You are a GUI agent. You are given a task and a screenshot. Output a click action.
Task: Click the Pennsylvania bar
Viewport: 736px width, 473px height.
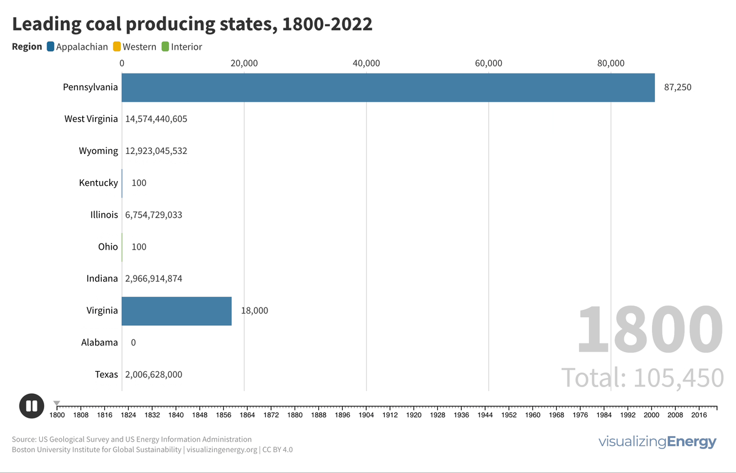(x=388, y=87)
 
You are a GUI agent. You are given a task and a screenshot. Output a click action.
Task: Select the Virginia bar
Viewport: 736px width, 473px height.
(x=177, y=310)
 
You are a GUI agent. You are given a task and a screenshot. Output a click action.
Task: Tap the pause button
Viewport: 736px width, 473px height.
(x=31, y=406)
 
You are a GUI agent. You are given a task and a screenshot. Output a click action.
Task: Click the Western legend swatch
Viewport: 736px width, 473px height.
(x=117, y=47)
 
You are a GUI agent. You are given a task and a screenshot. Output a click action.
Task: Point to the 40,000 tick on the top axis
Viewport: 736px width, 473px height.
(x=367, y=63)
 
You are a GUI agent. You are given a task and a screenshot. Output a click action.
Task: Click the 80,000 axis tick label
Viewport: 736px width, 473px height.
(x=611, y=63)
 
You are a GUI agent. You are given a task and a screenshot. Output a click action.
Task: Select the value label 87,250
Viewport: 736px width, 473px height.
(x=678, y=87)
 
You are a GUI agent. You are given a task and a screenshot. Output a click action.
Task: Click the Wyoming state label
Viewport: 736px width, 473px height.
(x=98, y=151)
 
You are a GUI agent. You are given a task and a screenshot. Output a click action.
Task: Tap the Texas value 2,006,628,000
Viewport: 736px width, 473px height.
(x=153, y=374)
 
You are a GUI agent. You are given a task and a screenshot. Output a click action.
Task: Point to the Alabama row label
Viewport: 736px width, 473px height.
(x=99, y=342)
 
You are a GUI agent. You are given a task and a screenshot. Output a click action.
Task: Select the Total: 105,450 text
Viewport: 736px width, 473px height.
(x=643, y=377)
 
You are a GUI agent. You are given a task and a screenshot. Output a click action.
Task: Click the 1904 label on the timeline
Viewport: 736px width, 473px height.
(x=366, y=415)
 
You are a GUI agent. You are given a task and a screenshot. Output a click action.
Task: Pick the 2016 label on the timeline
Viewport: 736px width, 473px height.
(x=699, y=415)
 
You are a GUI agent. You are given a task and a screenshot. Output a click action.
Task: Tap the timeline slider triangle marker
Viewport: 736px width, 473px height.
(x=56, y=403)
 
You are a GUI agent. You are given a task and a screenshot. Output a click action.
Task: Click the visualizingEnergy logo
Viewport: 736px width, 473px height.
(x=657, y=442)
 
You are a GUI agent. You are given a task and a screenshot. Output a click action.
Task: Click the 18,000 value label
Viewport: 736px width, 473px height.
(x=255, y=310)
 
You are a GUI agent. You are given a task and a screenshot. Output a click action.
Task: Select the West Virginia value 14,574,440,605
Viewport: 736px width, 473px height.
(x=156, y=119)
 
